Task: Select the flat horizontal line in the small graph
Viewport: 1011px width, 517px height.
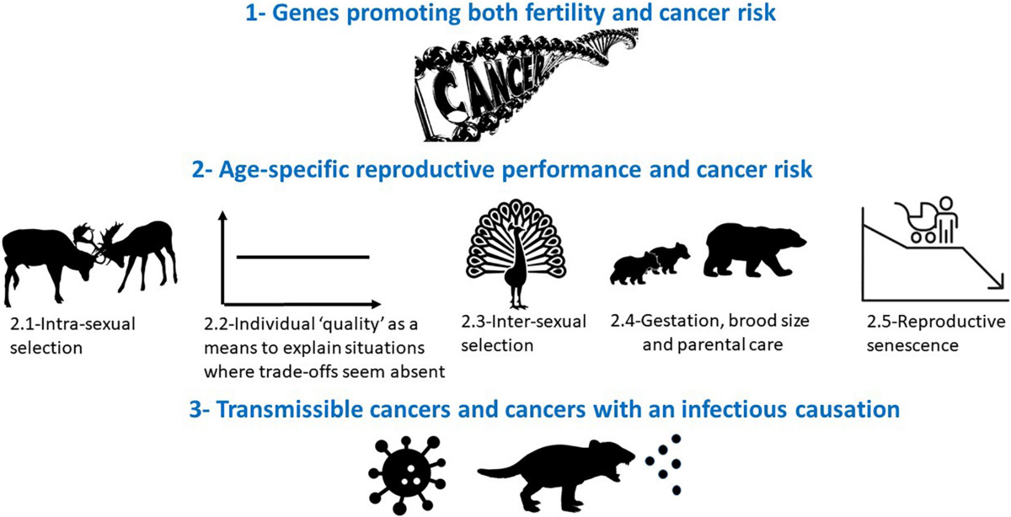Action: coord(303,257)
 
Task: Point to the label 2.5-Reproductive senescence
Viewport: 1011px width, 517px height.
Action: coord(936,334)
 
